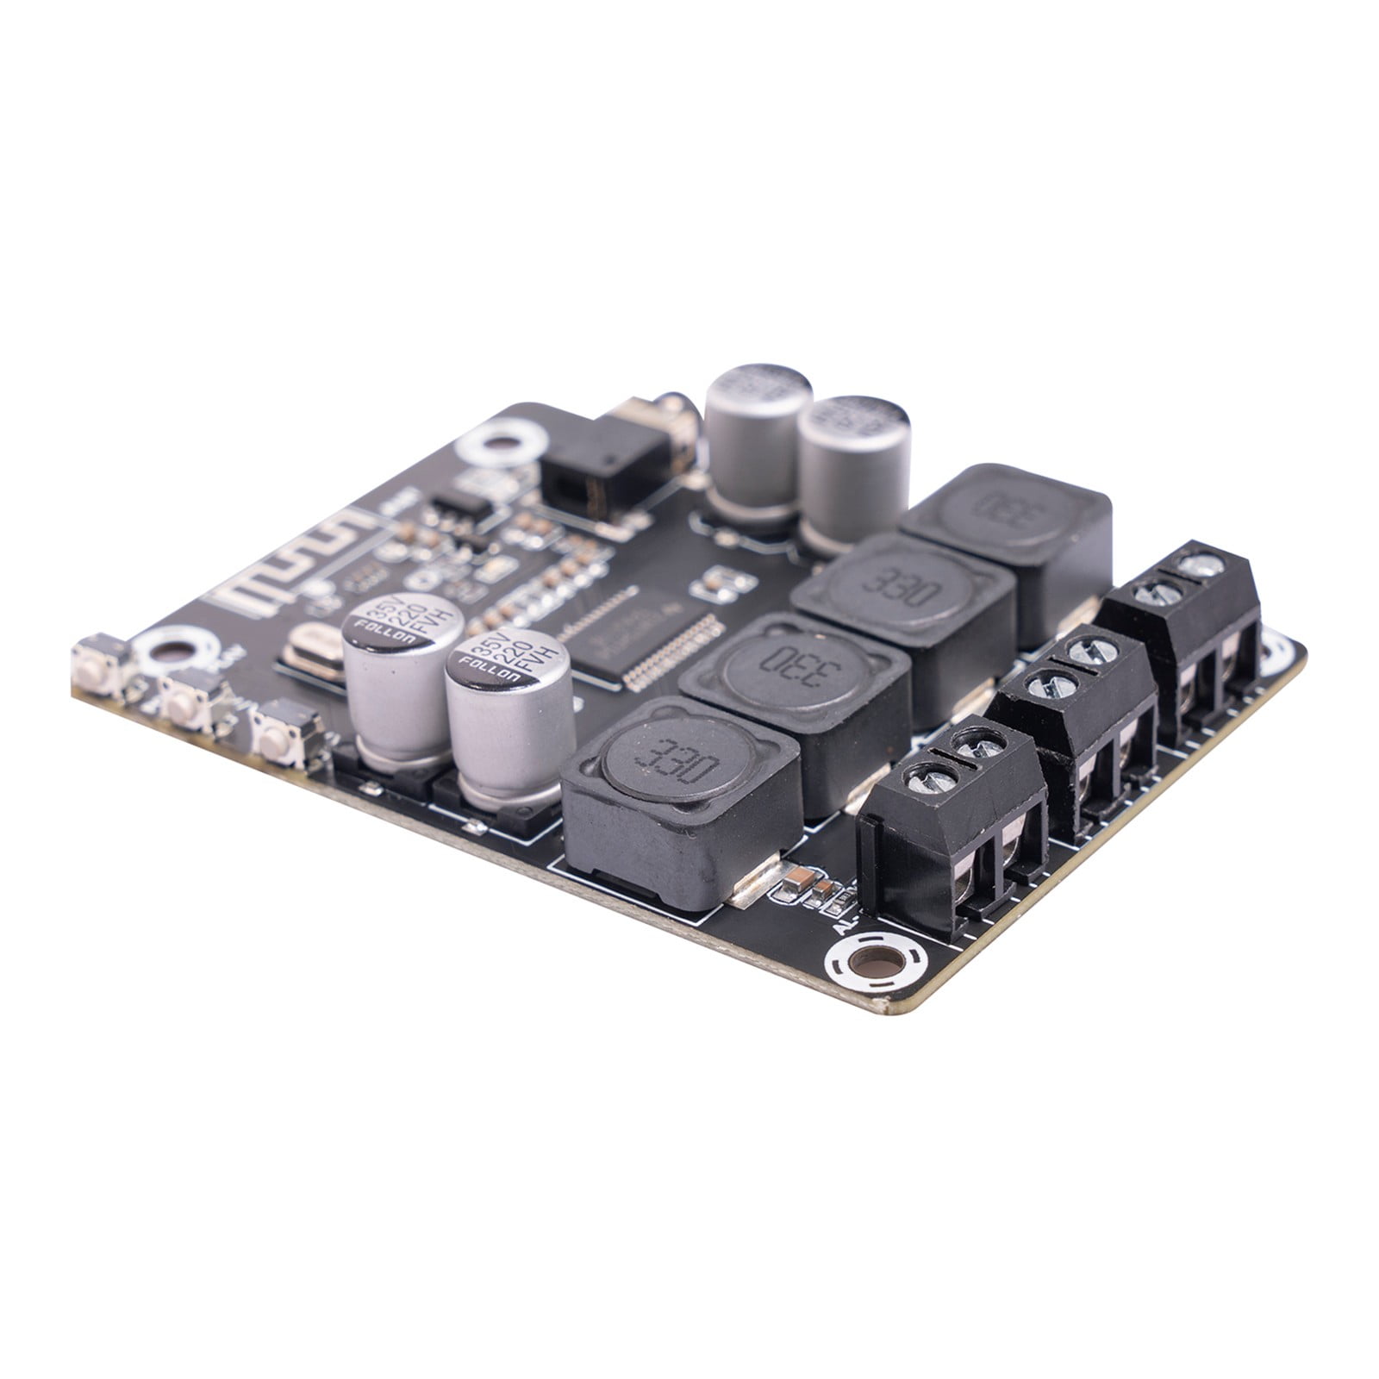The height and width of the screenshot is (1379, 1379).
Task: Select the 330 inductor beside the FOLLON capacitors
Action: [681, 793]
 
